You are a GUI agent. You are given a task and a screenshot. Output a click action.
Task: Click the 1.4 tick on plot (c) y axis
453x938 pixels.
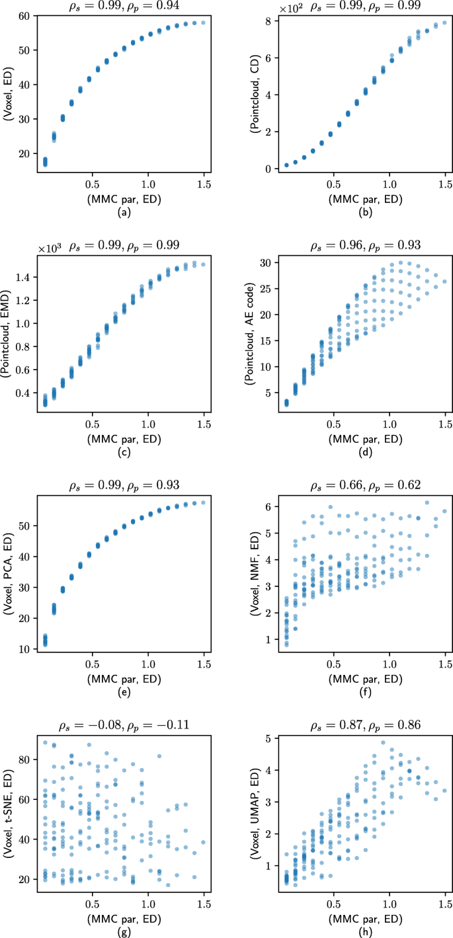point(22,277)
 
